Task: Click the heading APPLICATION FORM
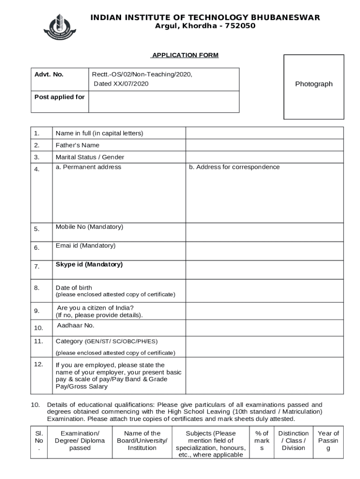185,55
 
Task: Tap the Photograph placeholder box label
314,84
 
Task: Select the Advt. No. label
49,74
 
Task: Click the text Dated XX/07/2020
121,84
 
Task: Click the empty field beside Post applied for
164,102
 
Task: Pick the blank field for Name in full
264,133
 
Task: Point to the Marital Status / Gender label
90,157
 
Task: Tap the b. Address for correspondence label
234,167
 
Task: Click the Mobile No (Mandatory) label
89,227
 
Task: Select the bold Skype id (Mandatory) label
89,264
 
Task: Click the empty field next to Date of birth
264,291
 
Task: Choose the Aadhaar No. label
76,325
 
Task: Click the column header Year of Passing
328,441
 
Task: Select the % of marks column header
262,441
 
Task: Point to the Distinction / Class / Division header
293,441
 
